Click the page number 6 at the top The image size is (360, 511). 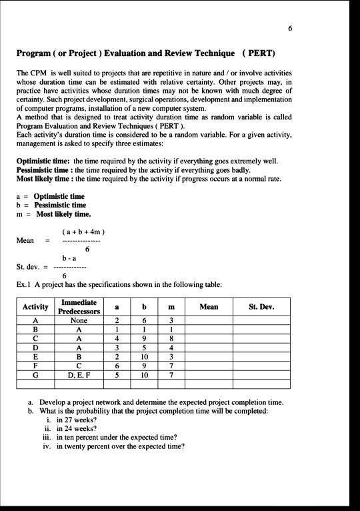290,29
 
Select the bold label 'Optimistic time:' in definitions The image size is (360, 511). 43,161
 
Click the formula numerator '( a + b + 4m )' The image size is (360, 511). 83,231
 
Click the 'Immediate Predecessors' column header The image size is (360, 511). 79,307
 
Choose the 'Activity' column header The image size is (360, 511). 35,307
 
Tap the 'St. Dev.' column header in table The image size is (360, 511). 261,307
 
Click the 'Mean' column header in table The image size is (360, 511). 208,307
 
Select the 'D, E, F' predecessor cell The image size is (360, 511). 79,375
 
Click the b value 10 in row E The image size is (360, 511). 143,356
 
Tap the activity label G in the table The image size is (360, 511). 35,375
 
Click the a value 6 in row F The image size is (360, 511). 116,366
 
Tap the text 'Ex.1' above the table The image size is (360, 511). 23,285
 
